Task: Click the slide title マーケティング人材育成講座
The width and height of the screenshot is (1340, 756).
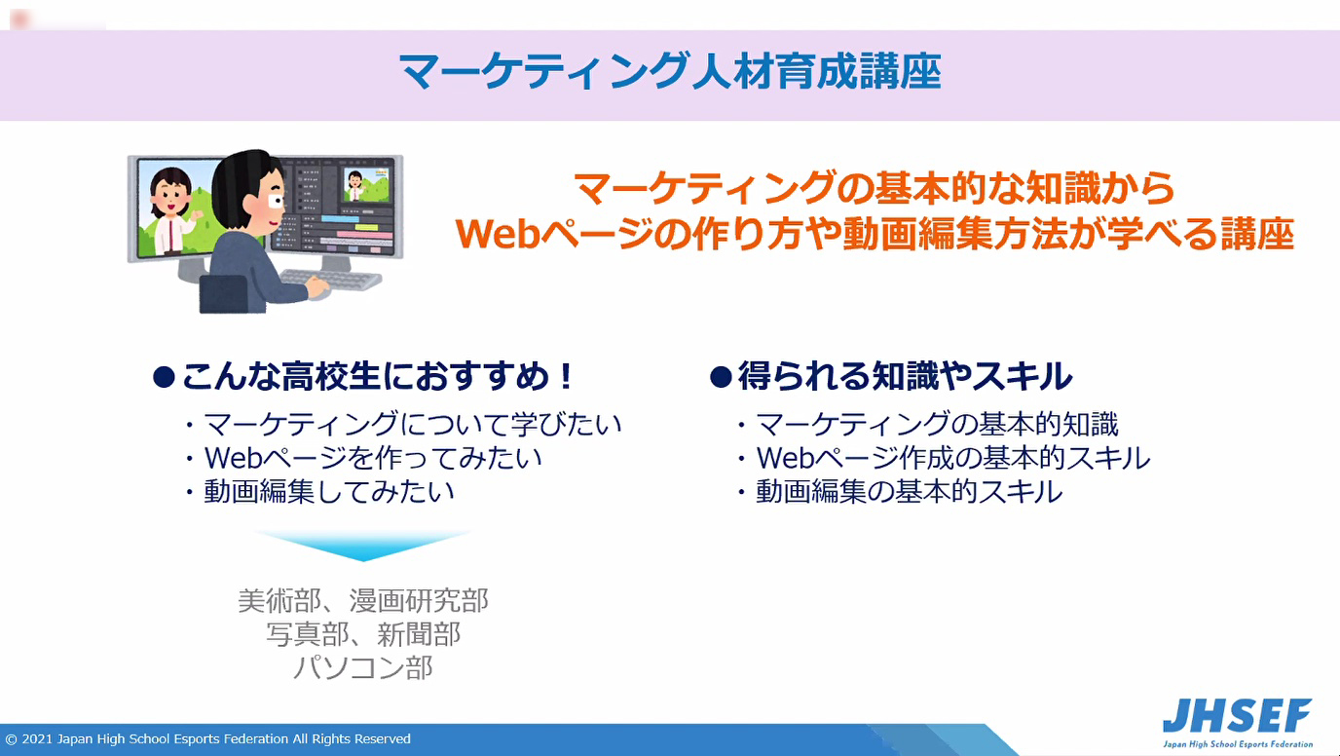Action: click(671, 72)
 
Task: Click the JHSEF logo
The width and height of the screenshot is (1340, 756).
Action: click(1237, 723)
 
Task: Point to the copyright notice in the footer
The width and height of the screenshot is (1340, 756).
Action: click(207, 738)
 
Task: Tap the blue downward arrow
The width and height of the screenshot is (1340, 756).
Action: click(363, 545)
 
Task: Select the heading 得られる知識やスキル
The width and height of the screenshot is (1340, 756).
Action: click(891, 376)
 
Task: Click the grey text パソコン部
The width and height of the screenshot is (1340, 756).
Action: click(363, 667)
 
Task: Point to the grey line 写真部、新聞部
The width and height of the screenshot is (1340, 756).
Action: click(363, 634)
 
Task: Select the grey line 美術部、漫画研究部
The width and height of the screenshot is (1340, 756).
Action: click(363, 600)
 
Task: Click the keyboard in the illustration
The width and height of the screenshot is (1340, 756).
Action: click(331, 280)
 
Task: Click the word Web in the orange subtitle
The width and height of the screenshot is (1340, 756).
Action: click(498, 234)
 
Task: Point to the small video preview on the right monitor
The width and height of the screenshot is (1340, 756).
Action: click(365, 185)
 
